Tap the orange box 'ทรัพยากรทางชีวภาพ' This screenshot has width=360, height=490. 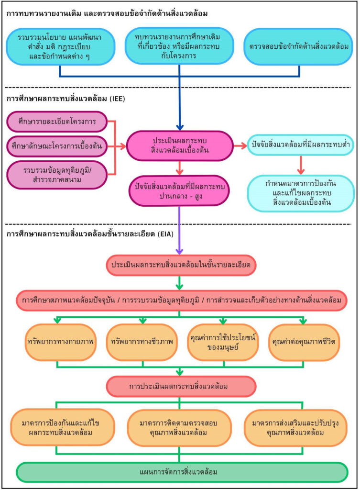point(139,342)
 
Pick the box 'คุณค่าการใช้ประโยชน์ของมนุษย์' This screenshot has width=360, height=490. point(222,342)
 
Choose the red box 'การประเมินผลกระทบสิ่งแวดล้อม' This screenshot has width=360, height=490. point(179,386)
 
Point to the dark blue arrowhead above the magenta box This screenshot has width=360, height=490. point(179,127)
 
